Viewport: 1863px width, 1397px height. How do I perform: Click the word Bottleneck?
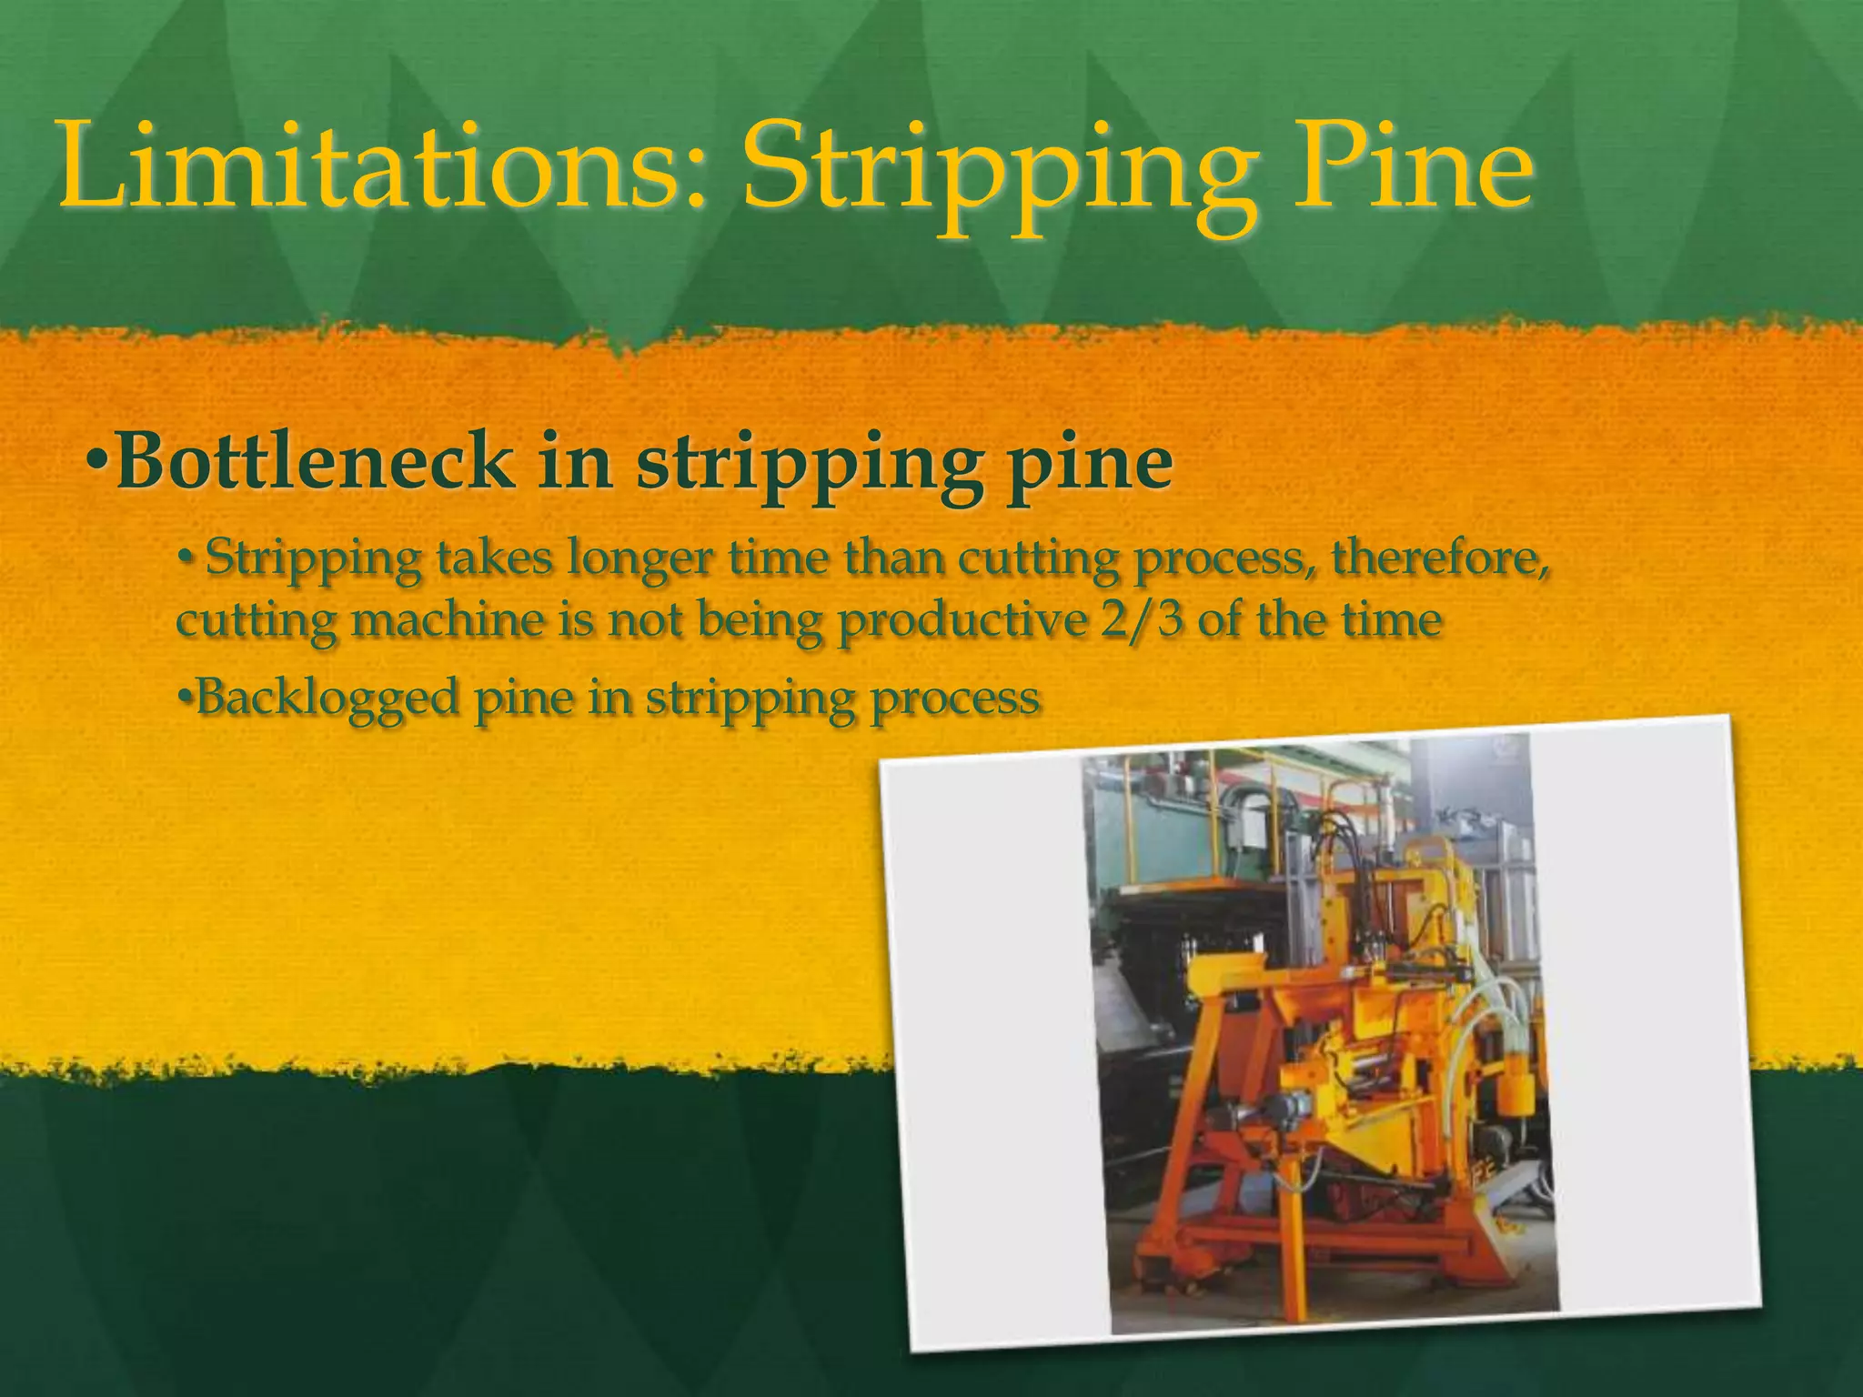(x=314, y=462)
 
